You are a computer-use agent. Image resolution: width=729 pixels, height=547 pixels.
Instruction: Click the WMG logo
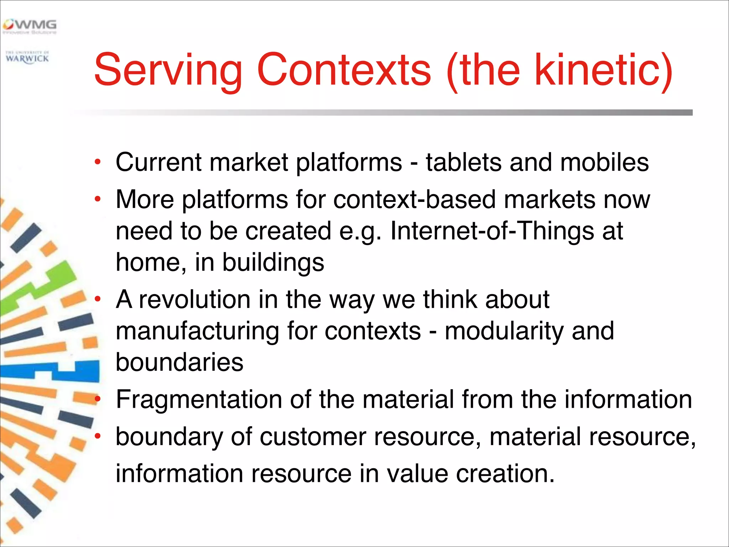point(30,26)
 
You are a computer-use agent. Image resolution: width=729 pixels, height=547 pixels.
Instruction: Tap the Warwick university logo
point(27,57)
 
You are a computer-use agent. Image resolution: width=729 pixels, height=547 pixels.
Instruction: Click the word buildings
point(273,262)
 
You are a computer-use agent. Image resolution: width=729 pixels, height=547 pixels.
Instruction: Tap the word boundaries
point(179,362)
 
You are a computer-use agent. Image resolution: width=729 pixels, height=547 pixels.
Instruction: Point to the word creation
point(505,474)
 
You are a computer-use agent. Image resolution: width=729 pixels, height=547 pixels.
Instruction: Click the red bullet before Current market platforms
point(98,163)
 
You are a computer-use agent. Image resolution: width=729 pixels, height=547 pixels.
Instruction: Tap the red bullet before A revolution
point(98,299)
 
